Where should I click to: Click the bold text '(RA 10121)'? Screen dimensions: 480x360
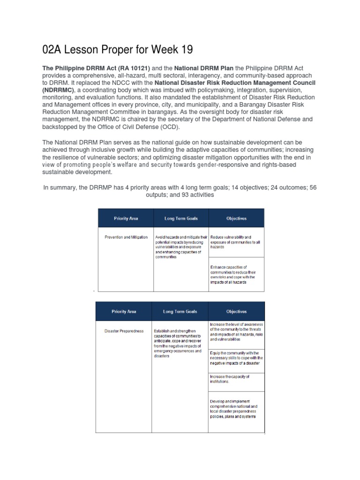(111, 68)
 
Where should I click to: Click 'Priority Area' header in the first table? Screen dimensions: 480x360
(126, 218)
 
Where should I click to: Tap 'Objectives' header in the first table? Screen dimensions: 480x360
(236, 218)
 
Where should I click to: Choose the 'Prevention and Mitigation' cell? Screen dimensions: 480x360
(126, 237)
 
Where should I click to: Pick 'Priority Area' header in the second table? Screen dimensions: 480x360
(124, 311)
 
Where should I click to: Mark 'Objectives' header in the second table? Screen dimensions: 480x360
(236, 311)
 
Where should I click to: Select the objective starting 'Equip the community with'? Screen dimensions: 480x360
(237, 358)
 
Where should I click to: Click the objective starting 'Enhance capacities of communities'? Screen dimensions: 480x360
(232, 275)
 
